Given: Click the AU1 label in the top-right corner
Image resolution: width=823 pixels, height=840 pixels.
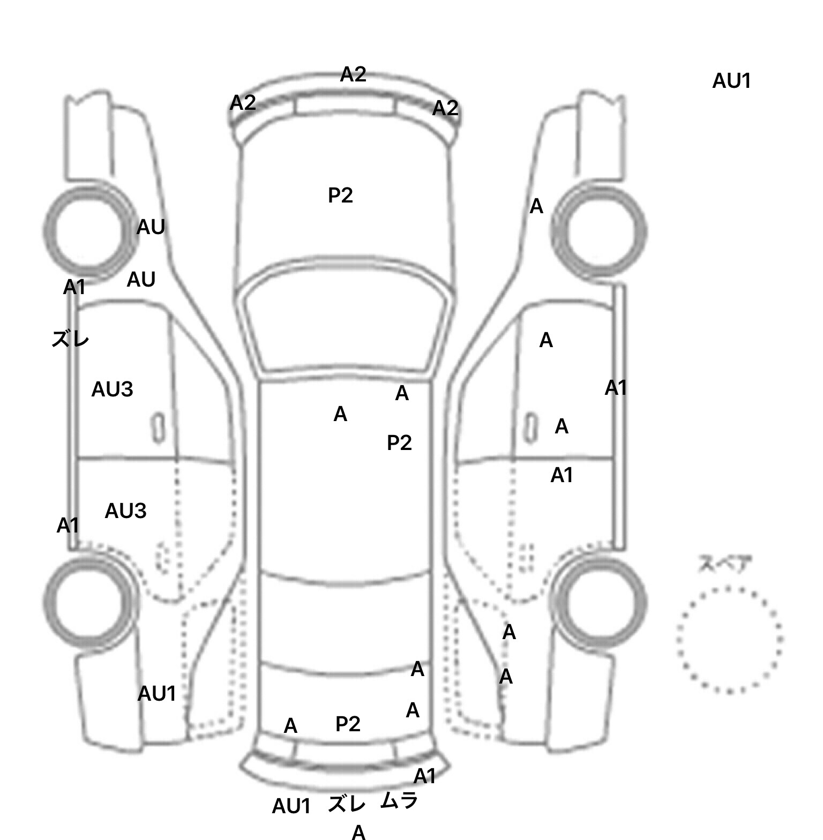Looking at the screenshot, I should pyautogui.click(x=731, y=81).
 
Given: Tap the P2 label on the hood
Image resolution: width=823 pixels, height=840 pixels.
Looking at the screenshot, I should pyautogui.click(x=340, y=196).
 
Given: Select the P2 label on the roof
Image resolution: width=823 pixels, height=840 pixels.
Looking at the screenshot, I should pyautogui.click(x=399, y=443).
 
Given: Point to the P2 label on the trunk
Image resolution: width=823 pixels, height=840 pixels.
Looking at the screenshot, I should pyautogui.click(x=348, y=724).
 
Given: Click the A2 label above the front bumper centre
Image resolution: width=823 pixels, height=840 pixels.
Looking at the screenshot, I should pyautogui.click(x=353, y=74).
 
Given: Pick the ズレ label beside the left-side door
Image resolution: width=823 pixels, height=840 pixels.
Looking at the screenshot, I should pyautogui.click(x=70, y=339).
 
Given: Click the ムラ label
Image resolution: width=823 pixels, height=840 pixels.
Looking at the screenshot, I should pyautogui.click(x=399, y=801).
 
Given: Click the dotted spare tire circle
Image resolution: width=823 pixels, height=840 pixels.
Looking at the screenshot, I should pyautogui.click(x=729, y=640).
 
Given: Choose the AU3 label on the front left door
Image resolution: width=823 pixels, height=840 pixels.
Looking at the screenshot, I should pyautogui.click(x=112, y=389).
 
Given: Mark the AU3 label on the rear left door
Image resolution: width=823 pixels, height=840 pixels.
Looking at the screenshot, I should pyautogui.click(x=125, y=511).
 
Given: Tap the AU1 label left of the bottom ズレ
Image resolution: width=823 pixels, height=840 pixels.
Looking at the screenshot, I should pyautogui.click(x=291, y=806).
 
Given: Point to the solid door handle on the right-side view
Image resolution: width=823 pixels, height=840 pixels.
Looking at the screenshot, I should pyautogui.click(x=530, y=427).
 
